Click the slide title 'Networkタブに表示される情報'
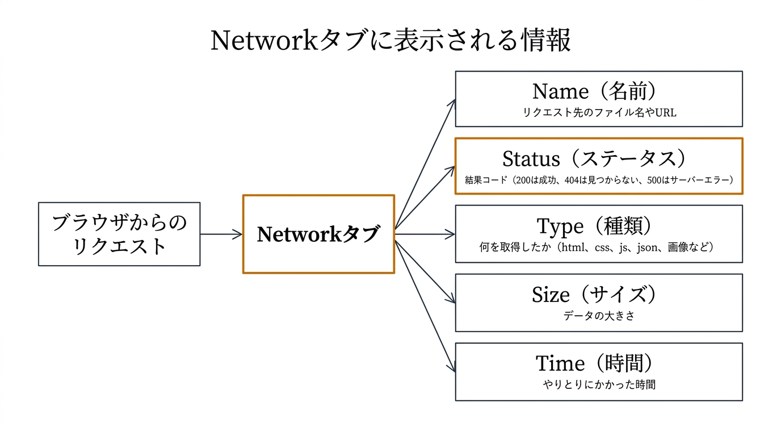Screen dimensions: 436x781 390,41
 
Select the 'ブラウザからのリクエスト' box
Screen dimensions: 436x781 119,234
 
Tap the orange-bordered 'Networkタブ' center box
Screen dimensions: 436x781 318,234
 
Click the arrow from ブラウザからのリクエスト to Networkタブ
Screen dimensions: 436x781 221,234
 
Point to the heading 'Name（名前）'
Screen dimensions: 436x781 599,91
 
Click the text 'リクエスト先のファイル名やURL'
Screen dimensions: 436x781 599,112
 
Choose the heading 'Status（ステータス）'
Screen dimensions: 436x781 599,158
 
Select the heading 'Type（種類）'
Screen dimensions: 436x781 599,226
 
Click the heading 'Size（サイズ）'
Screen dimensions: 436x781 599,295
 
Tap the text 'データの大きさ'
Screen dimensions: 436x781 599,316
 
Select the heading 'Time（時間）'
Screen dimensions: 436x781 599,363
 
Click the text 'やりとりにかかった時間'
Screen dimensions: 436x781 599,385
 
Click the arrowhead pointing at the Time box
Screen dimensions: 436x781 452,368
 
